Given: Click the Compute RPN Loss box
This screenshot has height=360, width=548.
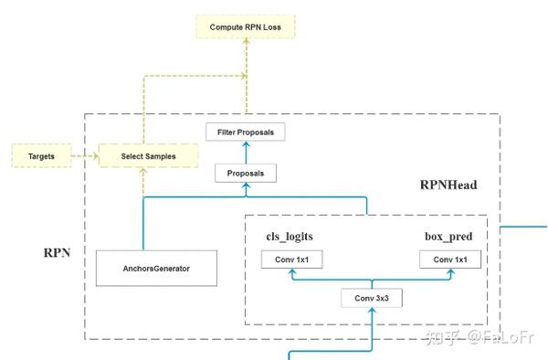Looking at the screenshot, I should pyautogui.click(x=245, y=27).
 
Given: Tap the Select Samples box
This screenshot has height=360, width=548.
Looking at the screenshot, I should pyautogui.click(x=149, y=156).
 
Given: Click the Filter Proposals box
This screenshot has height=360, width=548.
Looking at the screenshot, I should pyautogui.click(x=245, y=132).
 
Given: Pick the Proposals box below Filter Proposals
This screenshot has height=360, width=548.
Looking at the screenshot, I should pyautogui.click(x=245, y=172).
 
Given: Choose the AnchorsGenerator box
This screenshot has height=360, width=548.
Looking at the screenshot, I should pyautogui.click(x=156, y=268).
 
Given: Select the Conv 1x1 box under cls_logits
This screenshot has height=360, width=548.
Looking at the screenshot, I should pyautogui.click(x=291, y=260).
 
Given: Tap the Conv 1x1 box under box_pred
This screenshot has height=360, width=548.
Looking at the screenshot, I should pyautogui.click(x=449, y=260).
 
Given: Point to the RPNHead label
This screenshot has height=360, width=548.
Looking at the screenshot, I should pyautogui.click(x=448, y=185).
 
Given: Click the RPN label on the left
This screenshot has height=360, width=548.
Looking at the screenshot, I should pyautogui.click(x=58, y=250).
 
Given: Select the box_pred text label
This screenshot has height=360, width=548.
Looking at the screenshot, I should pyautogui.click(x=448, y=236).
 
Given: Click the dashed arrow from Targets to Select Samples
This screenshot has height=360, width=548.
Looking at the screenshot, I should pyautogui.click(x=83, y=156).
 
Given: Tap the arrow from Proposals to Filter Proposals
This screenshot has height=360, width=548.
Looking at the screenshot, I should pyautogui.click(x=245, y=152).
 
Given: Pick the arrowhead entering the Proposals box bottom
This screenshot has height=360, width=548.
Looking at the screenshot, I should pyautogui.click(x=245, y=185).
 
